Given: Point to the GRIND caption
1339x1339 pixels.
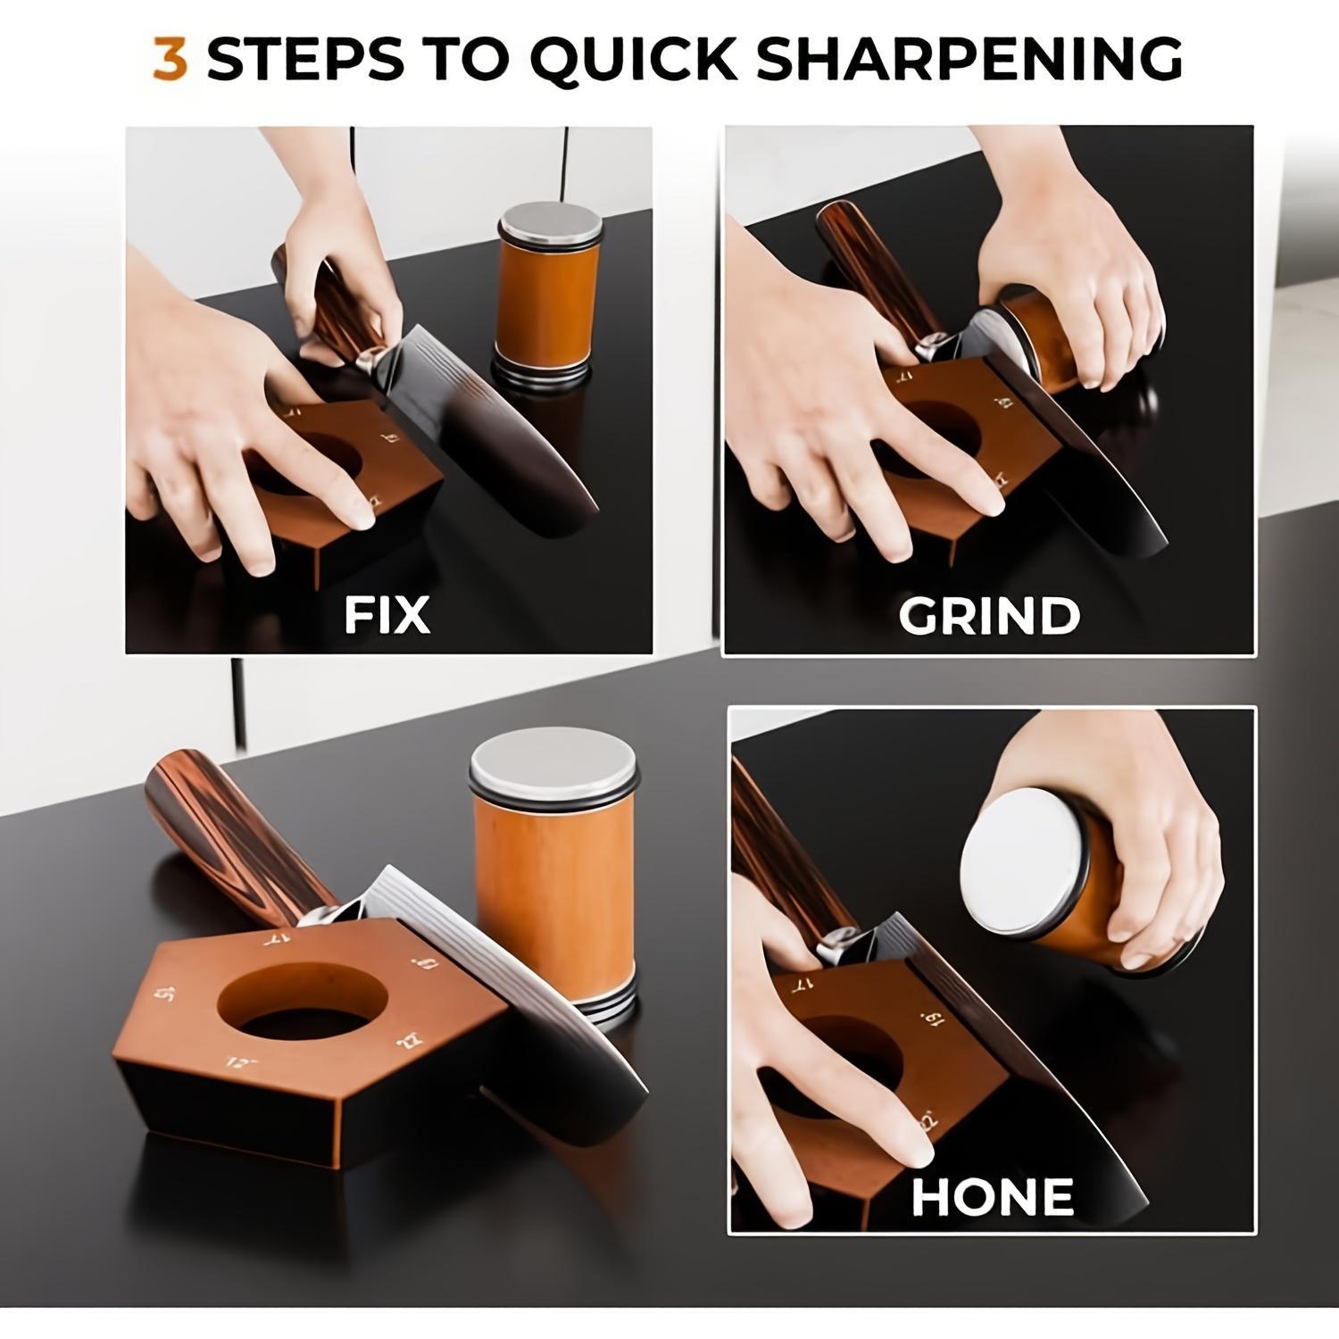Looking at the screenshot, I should [989, 615].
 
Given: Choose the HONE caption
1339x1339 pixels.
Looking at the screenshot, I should [992, 1197].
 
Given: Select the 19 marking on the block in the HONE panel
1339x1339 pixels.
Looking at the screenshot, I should [932, 1019].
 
